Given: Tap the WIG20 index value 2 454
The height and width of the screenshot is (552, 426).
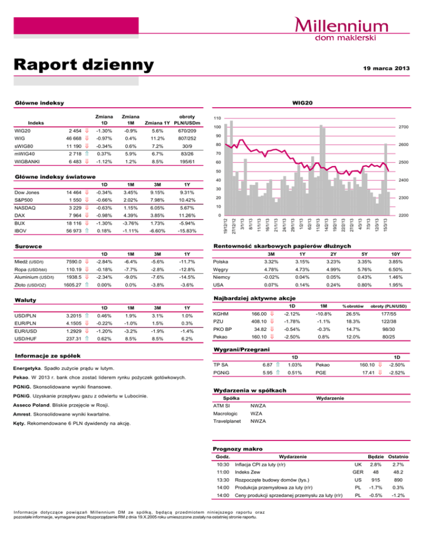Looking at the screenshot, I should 74,130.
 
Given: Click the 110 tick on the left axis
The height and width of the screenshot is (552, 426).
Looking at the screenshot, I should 219,118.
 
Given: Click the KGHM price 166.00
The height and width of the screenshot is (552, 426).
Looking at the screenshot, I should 261,315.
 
